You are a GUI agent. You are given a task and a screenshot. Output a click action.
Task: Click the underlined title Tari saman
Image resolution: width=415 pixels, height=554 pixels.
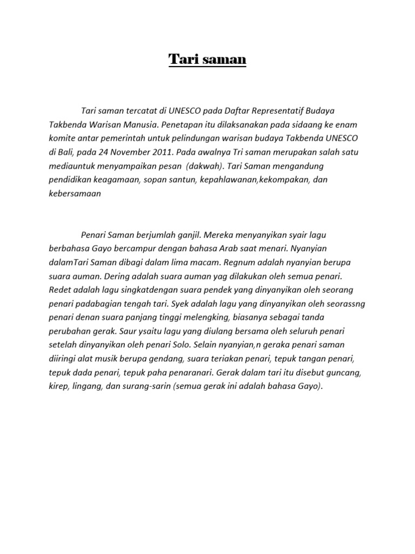pos(207,60)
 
